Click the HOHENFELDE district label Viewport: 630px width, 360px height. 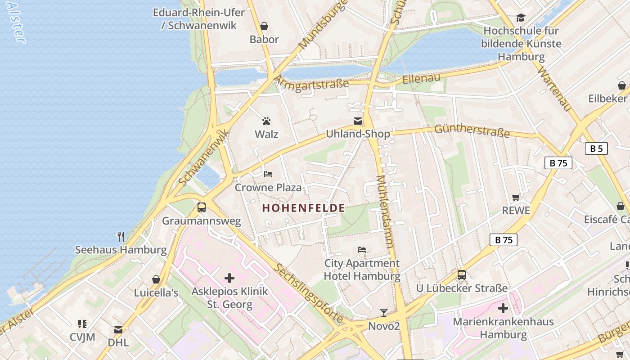coord(304,208)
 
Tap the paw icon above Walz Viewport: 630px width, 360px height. coord(266,121)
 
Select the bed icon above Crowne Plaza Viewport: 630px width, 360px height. coord(268,174)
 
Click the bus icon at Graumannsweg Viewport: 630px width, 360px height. coord(202,207)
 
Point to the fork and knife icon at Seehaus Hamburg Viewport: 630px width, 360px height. coord(121,236)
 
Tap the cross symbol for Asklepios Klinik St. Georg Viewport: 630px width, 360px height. coord(229,278)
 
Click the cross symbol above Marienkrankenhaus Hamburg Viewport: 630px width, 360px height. coord(503,308)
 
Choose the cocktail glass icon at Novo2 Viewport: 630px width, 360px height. coord(384,312)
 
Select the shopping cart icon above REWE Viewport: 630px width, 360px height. coord(516,197)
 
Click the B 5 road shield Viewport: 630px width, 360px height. coord(596,148)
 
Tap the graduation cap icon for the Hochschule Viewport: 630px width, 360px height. coord(521,18)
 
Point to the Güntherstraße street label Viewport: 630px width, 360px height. coord(472,131)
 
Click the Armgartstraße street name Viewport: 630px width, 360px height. coord(311,83)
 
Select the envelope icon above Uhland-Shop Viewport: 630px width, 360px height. coord(358,121)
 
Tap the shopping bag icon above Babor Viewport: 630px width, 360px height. coord(264,26)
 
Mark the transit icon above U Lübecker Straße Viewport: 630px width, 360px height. coord(462,274)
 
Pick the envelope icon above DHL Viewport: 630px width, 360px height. coord(118,330)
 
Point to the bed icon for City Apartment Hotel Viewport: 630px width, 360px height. coord(362,249)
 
